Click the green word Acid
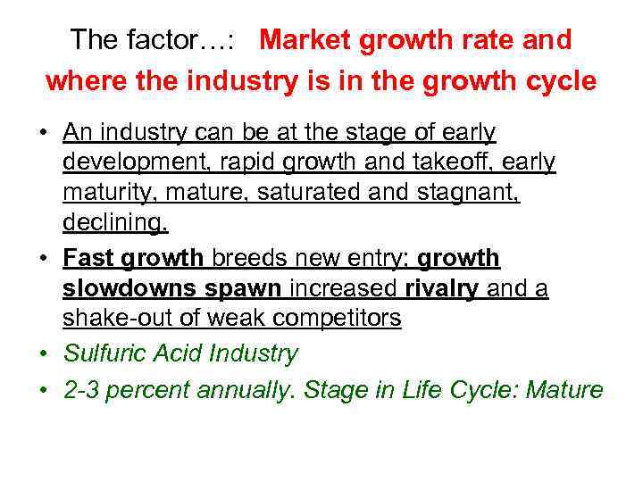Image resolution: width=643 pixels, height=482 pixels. (x=176, y=353)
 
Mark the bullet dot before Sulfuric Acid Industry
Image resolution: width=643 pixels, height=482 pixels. (x=43, y=354)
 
